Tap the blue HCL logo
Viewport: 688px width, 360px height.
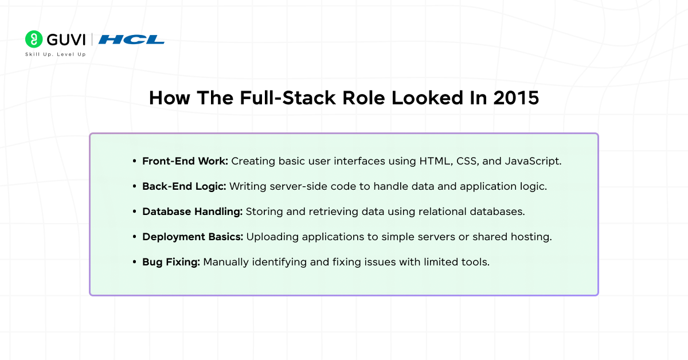(131, 40)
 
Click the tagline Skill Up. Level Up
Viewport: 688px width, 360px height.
(55, 54)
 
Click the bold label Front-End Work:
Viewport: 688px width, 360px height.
(185, 161)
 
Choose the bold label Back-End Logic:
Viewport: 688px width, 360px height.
(184, 186)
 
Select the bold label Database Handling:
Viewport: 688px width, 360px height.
(193, 212)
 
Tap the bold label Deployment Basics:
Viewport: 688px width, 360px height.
(192, 237)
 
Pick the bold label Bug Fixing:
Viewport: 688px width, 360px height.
(171, 262)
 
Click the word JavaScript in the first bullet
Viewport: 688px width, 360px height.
(533, 161)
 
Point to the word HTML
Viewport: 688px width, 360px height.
(432, 161)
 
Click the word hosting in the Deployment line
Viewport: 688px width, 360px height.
(533, 237)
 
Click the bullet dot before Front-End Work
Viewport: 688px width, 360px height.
(134, 162)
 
